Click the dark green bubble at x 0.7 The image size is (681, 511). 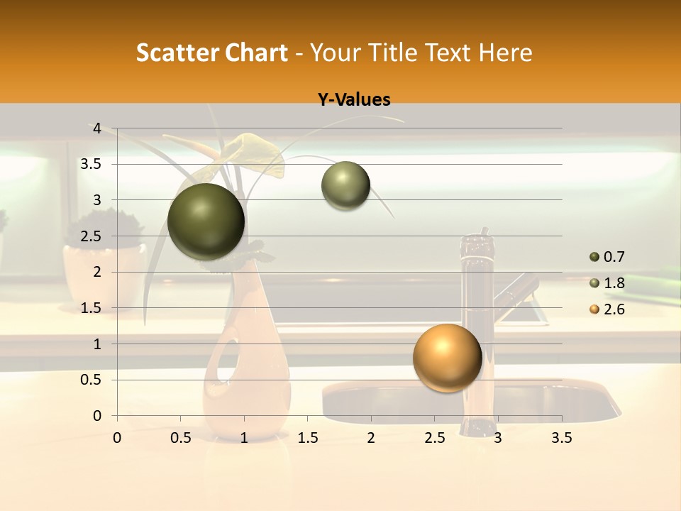point(206,221)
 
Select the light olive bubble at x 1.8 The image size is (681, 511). point(345,186)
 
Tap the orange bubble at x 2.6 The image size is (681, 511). point(447,358)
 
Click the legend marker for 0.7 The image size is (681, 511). point(594,257)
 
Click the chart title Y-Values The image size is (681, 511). point(354,100)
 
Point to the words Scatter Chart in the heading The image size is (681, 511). point(211,53)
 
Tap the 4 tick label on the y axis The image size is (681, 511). point(96,128)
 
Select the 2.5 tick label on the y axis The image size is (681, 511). point(92,236)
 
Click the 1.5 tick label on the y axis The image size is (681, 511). point(92,308)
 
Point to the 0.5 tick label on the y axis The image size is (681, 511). point(92,380)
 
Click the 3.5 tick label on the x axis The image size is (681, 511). point(561,438)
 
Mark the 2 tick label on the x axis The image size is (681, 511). point(371,438)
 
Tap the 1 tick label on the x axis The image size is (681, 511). point(244,438)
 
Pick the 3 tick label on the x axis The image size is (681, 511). point(498,438)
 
